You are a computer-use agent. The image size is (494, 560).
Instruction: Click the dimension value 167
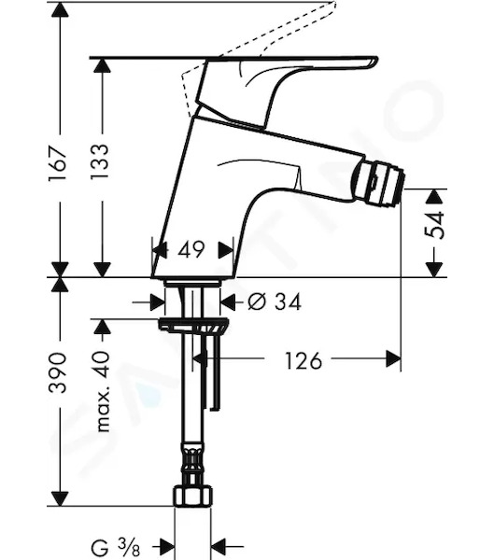58,162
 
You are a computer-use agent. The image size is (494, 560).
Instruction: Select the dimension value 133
99,162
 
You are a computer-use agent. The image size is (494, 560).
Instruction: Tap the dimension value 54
434,225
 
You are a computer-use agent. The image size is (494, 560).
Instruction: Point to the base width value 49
191,249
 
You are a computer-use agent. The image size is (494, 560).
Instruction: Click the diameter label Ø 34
275,301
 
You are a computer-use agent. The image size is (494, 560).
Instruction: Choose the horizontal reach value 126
303,360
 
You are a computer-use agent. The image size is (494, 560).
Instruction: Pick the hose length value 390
58,372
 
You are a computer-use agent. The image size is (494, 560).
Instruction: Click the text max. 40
103,391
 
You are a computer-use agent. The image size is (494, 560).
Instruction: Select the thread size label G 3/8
116,546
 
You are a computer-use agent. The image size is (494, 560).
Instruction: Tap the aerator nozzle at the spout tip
378,185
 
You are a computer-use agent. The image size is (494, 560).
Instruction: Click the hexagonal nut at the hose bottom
193,495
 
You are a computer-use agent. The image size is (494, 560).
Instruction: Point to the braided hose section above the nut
193,458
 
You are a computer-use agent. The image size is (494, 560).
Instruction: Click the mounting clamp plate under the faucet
193,325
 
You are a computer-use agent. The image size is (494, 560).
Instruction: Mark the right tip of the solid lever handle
377,58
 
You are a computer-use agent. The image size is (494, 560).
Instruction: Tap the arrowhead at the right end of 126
393,358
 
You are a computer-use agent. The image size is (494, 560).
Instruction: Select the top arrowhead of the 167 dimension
60,10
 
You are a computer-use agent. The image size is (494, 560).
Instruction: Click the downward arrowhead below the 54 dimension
434,270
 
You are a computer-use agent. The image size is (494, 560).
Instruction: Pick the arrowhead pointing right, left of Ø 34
158,302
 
